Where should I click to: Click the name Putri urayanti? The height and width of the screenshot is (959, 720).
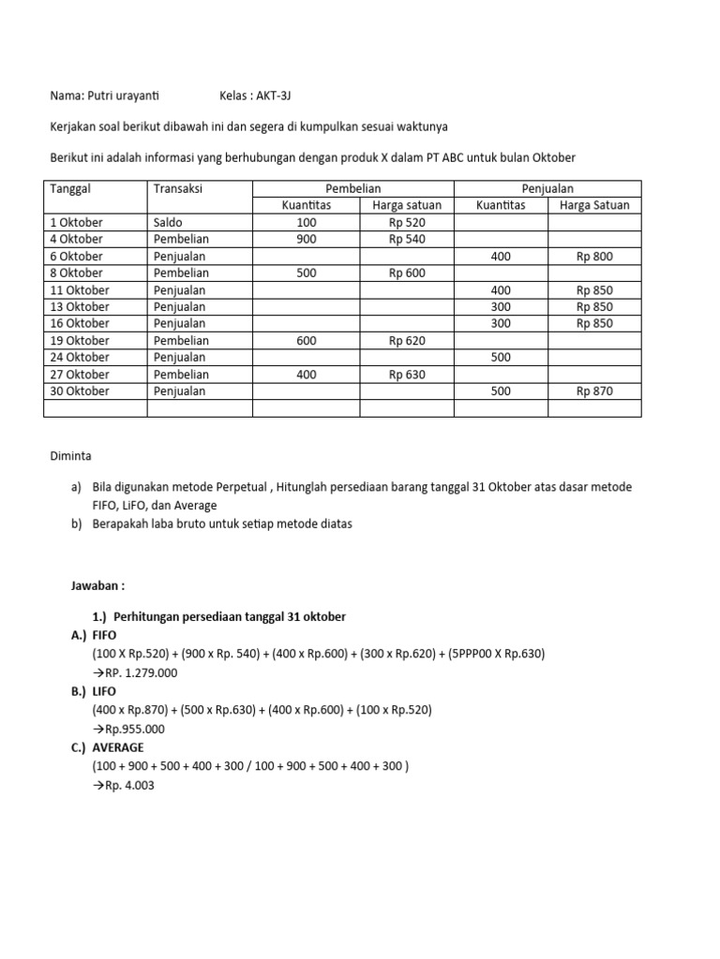click(x=122, y=96)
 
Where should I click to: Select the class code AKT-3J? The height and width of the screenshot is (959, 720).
click(x=280, y=96)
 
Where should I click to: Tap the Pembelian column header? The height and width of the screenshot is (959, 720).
click(x=352, y=189)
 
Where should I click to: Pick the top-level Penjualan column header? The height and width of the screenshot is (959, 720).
click(x=547, y=189)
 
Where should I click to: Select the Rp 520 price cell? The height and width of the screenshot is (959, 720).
click(x=406, y=223)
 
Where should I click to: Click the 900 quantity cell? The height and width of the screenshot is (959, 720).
click(x=306, y=240)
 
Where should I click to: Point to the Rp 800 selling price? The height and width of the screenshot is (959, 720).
click(x=594, y=257)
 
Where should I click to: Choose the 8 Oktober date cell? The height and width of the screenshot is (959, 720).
click(x=77, y=273)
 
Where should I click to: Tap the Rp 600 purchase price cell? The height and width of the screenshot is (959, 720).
click(x=406, y=273)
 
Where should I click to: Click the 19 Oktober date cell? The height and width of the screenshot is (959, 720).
click(x=80, y=341)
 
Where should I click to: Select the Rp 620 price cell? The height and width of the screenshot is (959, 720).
click(x=406, y=341)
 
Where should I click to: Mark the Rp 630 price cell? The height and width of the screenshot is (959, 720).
click(x=406, y=375)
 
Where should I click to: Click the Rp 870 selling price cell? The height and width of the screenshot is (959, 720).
click(x=594, y=391)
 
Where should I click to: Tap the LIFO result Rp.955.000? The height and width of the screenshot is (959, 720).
click(x=135, y=729)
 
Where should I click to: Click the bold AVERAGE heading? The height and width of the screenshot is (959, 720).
click(x=117, y=747)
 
